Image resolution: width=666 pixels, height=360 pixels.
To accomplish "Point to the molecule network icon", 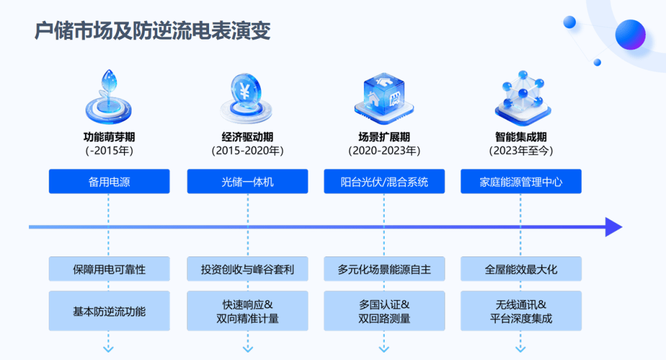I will pos(522,96).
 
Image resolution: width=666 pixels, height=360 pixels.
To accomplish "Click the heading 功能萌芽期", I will pos(109,137).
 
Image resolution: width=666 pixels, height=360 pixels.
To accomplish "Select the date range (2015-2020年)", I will pos(247,150).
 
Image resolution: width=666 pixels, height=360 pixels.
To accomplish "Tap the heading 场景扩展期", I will pos(384,137).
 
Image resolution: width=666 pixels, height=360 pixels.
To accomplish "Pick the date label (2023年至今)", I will pos(521,150).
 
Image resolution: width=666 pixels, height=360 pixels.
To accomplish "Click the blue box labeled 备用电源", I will pos(109,182).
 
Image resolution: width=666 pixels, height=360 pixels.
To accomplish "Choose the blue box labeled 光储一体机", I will pos(247,182).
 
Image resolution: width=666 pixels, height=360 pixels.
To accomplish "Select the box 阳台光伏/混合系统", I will pos(384,182).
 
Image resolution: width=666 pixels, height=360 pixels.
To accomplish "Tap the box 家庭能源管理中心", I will pos(521,182).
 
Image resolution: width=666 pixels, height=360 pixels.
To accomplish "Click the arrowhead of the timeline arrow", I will pos(613,227).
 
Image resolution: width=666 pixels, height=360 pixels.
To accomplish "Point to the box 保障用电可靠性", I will pos(109,269).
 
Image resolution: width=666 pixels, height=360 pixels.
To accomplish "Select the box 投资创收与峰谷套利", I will pos(247,269).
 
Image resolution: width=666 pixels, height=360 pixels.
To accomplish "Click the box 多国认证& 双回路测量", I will pos(384,311).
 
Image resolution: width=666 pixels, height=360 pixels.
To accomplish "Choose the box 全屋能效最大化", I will pos(521,269).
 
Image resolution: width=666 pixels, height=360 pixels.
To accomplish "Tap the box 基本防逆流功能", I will pos(109,311).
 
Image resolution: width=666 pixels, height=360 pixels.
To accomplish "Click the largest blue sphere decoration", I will pos(630,35).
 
